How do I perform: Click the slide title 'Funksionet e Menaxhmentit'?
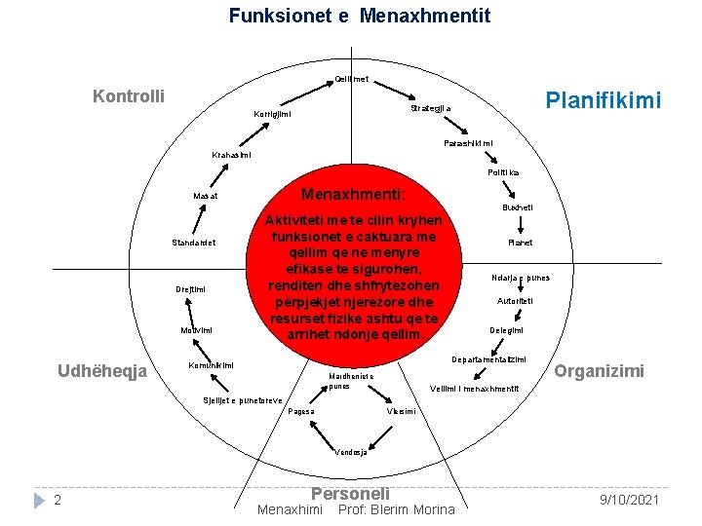[360, 17]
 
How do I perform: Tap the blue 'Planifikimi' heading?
[604, 100]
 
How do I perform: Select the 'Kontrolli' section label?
[128, 96]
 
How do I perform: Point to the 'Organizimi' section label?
[599, 371]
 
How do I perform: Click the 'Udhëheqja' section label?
[102, 371]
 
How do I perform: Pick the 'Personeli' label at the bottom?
[349, 494]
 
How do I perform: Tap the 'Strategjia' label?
[428, 108]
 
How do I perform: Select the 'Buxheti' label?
[518, 207]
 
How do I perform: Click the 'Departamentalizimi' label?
[487, 359]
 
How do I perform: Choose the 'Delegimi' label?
[506, 331]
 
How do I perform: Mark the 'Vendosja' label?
[350, 452]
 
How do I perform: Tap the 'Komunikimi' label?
[211, 365]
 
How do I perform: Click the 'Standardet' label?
[194, 243]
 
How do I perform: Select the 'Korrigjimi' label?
[273, 114]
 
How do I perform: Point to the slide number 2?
[58, 500]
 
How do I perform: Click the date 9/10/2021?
[631, 500]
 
